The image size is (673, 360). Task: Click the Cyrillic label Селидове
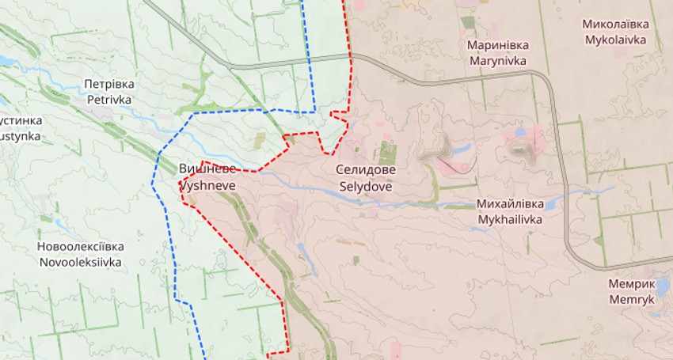[x=366, y=170]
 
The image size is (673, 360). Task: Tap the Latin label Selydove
[x=366, y=188]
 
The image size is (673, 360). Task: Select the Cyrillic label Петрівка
[x=109, y=84]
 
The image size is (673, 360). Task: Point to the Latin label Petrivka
[x=109, y=100]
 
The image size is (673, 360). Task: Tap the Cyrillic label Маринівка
[x=498, y=45]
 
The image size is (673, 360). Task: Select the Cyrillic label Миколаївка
[x=616, y=24]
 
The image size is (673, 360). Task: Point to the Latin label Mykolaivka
[x=616, y=39]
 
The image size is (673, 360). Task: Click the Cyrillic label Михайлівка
[x=510, y=203]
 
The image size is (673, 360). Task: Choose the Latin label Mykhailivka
[x=510, y=219]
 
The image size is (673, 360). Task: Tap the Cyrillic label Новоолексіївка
[x=80, y=246]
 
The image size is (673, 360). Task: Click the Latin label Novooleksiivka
[x=80, y=262]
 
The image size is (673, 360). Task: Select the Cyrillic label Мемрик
[x=632, y=284]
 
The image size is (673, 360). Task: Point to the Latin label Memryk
[x=632, y=300]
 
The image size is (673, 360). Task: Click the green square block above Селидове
[x=387, y=152]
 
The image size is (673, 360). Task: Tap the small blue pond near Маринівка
[x=520, y=132]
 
